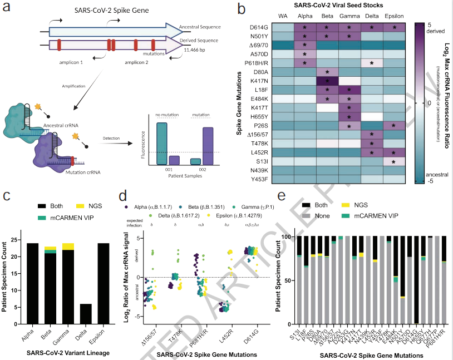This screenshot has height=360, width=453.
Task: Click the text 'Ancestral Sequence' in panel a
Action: [x=201, y=26]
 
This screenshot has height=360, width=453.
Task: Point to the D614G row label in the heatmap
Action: [x=277, y=27]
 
